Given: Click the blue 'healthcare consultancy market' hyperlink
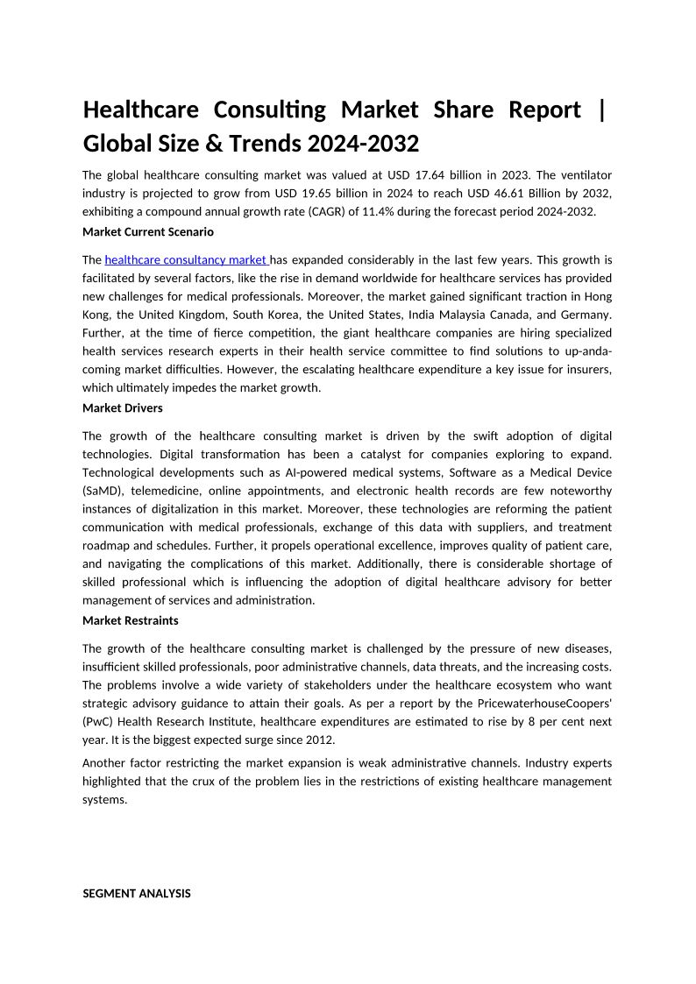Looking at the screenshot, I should click(x=186, y=259).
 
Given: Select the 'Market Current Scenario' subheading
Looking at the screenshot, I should click(x=147, y=232).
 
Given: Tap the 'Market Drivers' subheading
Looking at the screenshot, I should click(x=122, y=407).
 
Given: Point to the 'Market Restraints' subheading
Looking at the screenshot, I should click(x=130, y=620).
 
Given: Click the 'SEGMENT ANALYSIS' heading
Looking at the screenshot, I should click(x=136, y=894).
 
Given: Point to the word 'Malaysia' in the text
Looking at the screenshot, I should click(x=472, y=315).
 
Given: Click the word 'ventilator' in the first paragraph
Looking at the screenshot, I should click(x=582, y=175).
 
